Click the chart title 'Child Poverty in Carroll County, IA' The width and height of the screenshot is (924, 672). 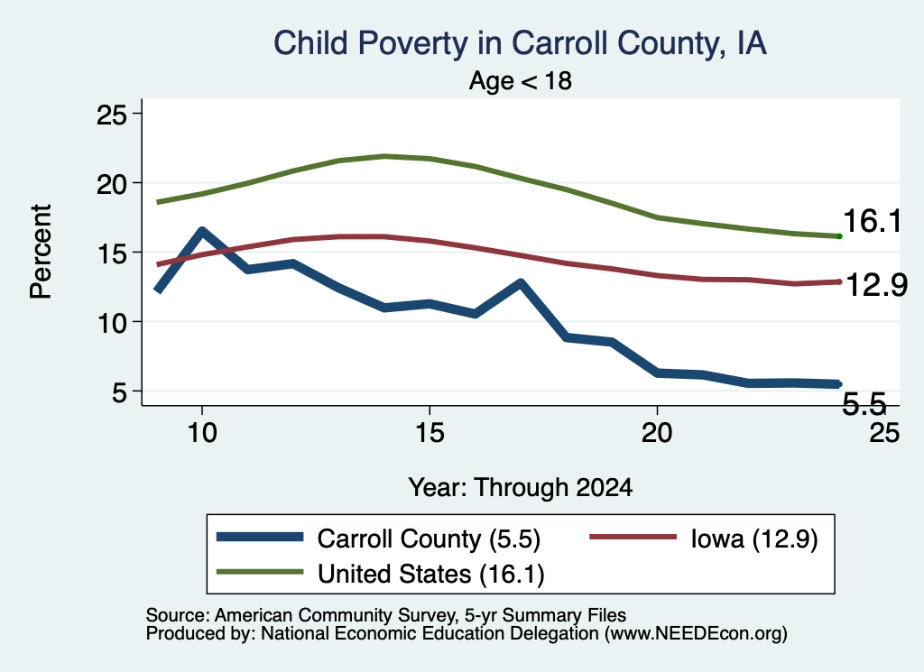[520, 43]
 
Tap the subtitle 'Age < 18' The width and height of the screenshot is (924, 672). [521, 80]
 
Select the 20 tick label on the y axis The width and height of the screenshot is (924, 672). [111, 184]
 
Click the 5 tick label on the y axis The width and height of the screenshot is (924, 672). [119, 391]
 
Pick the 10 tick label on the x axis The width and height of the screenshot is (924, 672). [202, 433]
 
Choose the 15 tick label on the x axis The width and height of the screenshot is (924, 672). [430, 433]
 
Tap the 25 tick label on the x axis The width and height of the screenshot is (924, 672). [884, 433]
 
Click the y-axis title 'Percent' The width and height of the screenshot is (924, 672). [42, 252]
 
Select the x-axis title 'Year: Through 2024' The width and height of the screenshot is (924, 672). [521, 488]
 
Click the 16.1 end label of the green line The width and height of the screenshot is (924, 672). [873, 222]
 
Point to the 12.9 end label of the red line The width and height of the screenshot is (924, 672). [876, 286]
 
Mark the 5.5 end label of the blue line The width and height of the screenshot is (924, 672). [864, 404]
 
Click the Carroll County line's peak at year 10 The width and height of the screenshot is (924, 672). [202, 231]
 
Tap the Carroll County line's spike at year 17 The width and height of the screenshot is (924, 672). [521, 283]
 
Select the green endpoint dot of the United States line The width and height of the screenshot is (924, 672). [839, 236]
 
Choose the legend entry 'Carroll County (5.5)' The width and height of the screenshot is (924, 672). [378, 539]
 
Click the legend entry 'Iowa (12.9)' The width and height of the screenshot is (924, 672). [704, 539]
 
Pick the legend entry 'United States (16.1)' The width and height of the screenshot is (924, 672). [380, 574]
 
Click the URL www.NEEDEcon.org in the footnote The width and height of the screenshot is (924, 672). [696, 634]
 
